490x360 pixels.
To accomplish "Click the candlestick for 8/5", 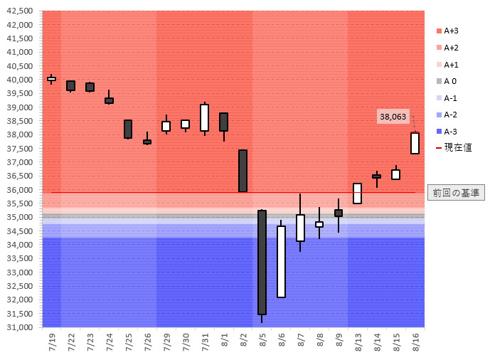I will (262, 262).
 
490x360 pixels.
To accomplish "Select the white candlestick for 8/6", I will (281, 261).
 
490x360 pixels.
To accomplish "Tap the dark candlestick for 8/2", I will (243, 171).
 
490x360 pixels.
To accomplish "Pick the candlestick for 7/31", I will (204, 117).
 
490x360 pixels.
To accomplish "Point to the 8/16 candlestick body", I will (415, 143).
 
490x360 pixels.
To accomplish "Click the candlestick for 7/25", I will (128, 129).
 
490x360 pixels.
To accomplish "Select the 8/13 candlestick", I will (357, 194).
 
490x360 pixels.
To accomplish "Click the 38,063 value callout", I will (393, 117).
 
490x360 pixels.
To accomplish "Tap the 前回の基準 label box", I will (455, 192).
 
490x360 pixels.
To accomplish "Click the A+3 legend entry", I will (451, 31).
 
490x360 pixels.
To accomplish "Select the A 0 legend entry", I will (449, 81).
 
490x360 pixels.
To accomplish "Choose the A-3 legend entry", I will (450, 132).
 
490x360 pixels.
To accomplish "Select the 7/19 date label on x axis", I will (52, 339).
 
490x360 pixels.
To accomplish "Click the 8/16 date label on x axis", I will (415, 339).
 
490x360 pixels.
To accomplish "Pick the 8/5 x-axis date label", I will (262, 339).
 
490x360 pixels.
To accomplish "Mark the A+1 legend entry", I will (451, 64).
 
